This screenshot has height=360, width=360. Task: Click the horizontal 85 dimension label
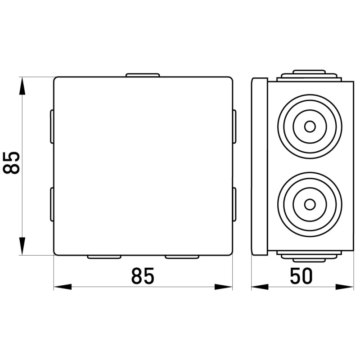[x=143, y=275]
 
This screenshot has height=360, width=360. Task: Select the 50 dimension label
[x=301, y=275]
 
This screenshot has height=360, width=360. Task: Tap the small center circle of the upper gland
[x=310, y=126]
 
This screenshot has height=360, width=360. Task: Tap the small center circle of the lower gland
[x=310, y=204]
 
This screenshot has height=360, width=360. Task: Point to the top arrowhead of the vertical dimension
[x=22, y=85]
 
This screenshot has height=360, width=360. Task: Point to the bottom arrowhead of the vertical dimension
[x=22, y=246]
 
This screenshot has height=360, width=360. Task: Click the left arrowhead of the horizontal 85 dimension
[x=63, y=287]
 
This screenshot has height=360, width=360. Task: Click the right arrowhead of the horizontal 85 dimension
[x=224, y=287]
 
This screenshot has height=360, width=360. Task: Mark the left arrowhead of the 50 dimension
[x=260, y=287]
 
